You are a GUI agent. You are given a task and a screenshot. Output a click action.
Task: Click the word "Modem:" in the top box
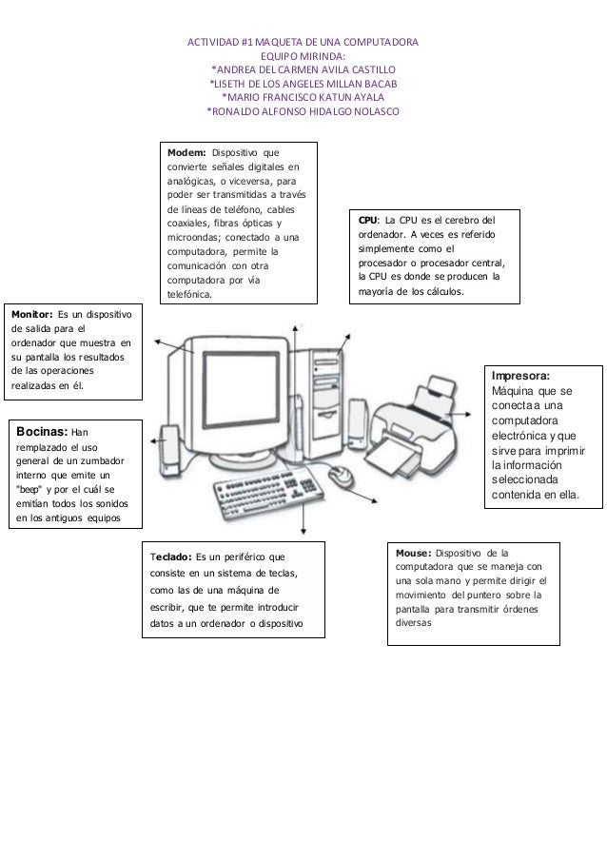click(186, 152)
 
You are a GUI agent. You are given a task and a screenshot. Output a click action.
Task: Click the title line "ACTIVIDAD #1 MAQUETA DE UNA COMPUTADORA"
click(303, 44)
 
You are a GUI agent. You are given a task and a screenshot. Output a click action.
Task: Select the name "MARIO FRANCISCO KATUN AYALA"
click(303, 96)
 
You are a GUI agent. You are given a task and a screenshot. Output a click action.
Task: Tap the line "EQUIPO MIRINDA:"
click(303, 57)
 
